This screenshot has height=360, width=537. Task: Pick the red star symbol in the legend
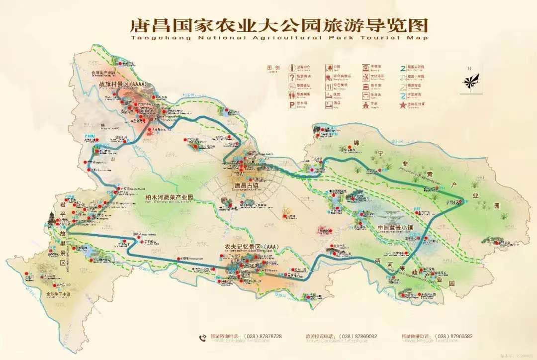(402, 105)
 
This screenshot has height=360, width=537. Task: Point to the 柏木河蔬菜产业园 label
(169, 197)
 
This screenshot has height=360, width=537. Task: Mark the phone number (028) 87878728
(260, 336)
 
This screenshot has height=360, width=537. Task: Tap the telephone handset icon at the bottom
(202, 337)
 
